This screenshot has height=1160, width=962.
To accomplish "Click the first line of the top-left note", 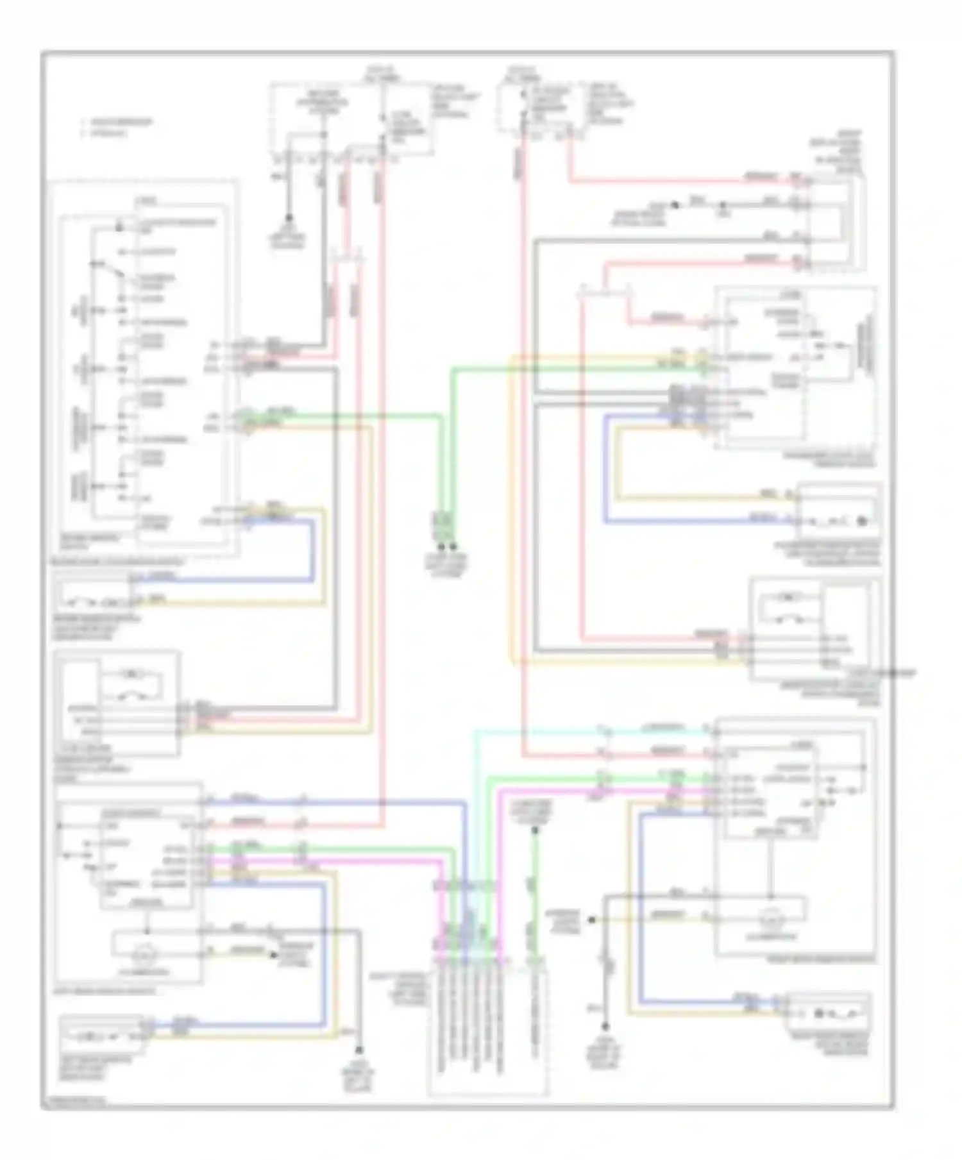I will click(117, 122).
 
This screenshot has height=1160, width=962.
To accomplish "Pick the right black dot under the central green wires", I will click(453, 547).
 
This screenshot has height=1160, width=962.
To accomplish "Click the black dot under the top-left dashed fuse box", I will click(289, 218).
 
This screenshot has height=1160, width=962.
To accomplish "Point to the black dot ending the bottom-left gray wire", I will click(360, 1050).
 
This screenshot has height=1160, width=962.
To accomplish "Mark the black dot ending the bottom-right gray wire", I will click(603, 1026).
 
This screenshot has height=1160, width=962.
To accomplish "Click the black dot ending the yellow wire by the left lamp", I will click(270, 951).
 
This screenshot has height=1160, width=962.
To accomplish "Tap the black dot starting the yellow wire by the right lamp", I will click(592, 920).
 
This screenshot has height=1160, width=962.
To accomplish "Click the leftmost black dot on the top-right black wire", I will click(675, 205).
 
